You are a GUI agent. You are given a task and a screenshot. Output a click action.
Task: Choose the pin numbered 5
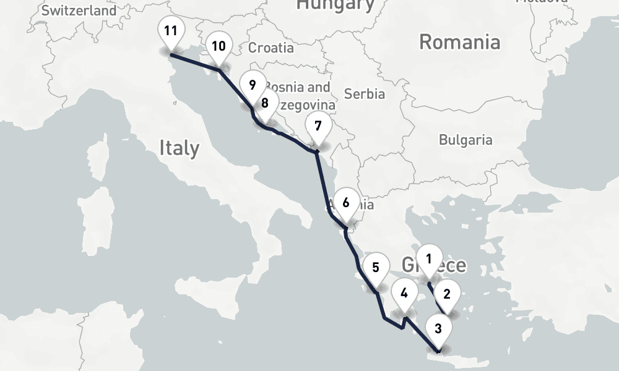pyautogui.click(x=376, y=268)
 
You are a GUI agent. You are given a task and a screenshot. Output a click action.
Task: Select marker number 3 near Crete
pyautogui.click(x=438, y=329)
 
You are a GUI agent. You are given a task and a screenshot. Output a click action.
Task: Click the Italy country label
pyautogui.click(x=179, y=148)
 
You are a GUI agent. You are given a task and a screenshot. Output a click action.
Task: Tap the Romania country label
pyautogui.click(x=459, y=42)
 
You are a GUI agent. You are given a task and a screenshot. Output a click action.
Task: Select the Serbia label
pyautogui.click(x=365, y=94)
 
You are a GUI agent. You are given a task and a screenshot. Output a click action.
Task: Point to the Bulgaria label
pyautogui.click(x=465, y=140)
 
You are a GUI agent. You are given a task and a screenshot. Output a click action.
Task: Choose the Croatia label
pyautogui.click(x=271, y=48)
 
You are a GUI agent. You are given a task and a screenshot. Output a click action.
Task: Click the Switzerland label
pyautogui.click(x=79, y=11)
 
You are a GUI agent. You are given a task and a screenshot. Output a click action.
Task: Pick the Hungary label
pyautogui.click(x=335, y=5)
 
